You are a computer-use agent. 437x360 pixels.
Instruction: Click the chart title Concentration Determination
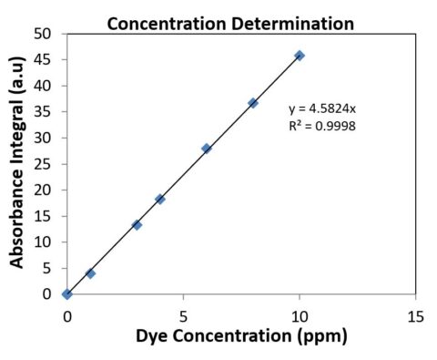point(229,23)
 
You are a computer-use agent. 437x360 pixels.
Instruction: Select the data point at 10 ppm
point(300,56)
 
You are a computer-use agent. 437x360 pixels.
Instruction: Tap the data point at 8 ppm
point(253,103)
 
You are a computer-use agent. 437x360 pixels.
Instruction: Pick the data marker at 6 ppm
point(207,149)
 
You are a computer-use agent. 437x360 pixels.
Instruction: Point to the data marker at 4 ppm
point(160,199)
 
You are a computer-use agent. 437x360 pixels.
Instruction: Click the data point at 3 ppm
point(137,224)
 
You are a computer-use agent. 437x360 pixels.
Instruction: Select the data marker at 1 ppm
point(90,273)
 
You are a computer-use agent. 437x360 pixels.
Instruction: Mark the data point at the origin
point(67,294)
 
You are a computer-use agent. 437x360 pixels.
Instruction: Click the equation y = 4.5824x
point(316,108)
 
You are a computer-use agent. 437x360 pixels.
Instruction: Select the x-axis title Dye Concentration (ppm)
point(241,335)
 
